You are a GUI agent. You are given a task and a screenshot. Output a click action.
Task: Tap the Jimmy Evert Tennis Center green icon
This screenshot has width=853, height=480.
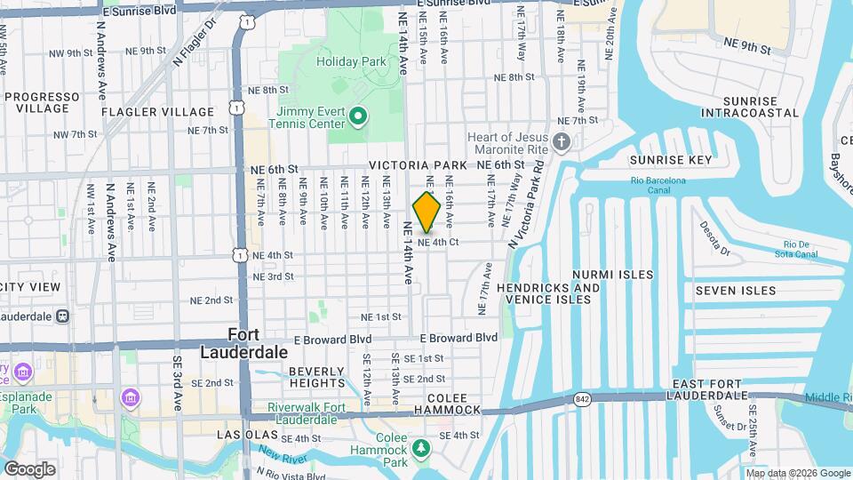pyautogui.click(x=358, y=116)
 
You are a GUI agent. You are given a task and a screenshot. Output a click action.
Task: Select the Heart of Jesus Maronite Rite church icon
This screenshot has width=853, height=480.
pyautogui.click(x=561, y=141)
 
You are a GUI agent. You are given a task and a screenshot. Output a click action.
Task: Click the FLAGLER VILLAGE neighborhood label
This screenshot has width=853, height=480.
pyautogui.click(x=157, y=112)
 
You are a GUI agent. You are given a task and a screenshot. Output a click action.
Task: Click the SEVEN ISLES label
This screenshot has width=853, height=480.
pyautogui.click(x=735, y=291)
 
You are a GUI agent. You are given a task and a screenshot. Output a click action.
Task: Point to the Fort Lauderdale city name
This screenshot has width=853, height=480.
pyautogui.click(x=258, y=343)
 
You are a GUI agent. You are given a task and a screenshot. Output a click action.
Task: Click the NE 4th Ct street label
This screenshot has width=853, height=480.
pyautogui.click(x=437, y=242)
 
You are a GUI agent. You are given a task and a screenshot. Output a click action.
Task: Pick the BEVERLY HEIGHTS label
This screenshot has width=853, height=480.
pyautogui.click(x=315, y=377)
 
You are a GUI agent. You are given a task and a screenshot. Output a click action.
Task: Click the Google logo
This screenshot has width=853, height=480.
pyautogui.click(x=29, y=469)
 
